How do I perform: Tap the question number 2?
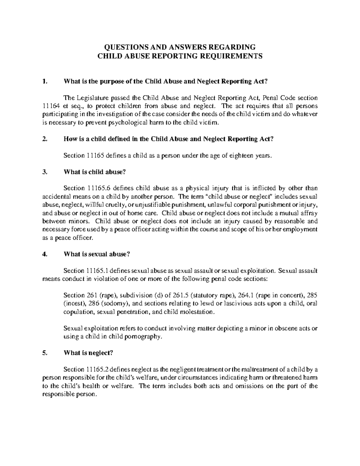coord(45,139)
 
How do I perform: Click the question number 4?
coord(45,254)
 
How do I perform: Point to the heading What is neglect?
coord(88,353)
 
